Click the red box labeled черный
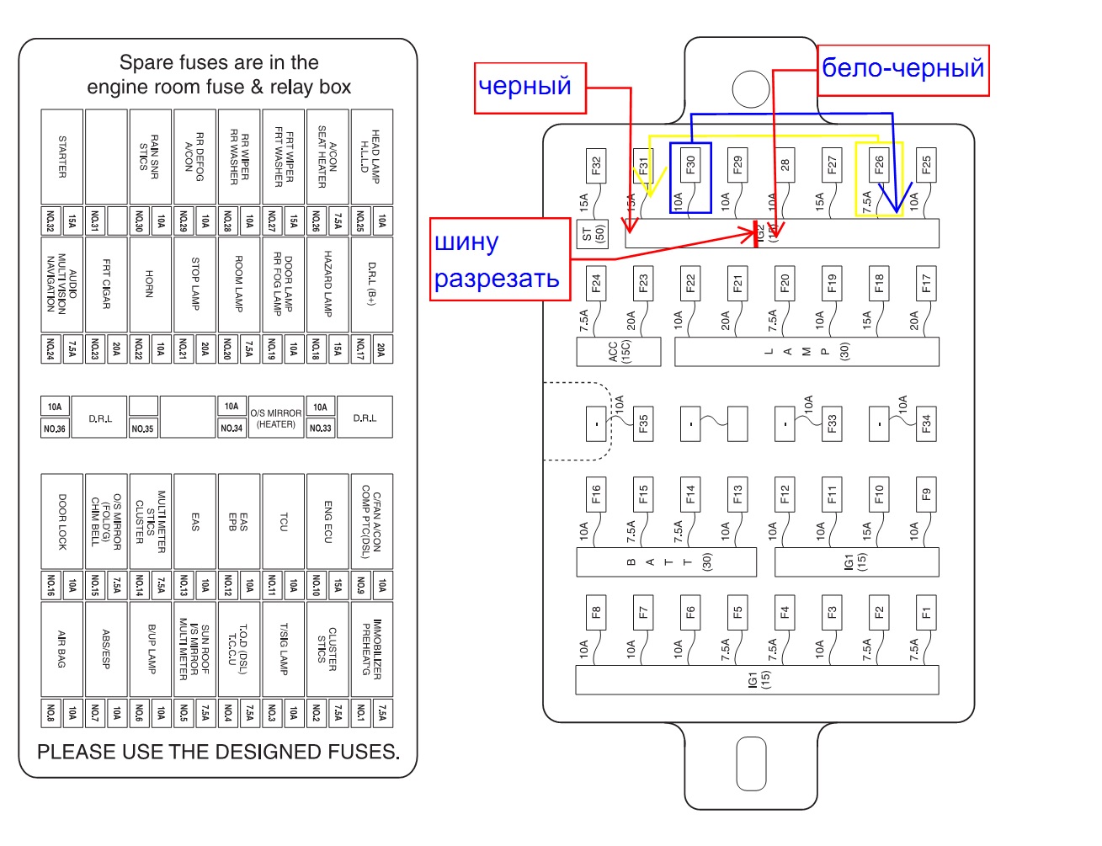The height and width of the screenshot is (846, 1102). tap(530, 88)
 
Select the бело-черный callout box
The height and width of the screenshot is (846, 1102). tap(903, 70)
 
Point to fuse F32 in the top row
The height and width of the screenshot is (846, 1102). tap(596, 166)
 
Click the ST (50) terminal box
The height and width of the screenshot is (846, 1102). tap(593, 233)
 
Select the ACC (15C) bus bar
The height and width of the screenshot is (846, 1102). tap(619, 352)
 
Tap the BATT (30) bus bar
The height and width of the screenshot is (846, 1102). tap(666, 562)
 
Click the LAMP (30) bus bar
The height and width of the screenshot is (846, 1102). tap(807, 352)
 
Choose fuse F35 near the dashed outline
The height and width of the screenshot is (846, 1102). tap(643, 423)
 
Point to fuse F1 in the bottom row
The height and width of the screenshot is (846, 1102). tap(926, 612)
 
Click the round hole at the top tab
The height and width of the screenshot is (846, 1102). tap(751, 88)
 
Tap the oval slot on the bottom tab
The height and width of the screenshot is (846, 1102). tap(751, 764)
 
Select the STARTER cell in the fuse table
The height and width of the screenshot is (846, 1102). tap(62, 157)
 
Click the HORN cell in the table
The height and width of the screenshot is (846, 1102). tap(150, 285)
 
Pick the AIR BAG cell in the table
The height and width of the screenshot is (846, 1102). tap(62, 649)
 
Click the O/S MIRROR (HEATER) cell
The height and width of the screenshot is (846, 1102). tap(275, 418)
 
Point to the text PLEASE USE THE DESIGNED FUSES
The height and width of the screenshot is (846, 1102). tap(218, 752)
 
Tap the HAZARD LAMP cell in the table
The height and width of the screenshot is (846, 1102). tap(327, 285)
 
